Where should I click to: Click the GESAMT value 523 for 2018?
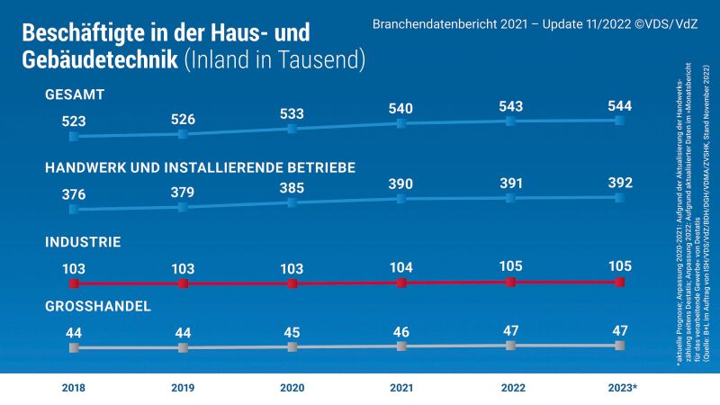(73, 120)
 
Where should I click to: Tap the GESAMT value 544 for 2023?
(620, 105)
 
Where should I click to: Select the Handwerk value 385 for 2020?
(292, 187)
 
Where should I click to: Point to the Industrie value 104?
(401, 267)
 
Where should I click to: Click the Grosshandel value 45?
(292, 332)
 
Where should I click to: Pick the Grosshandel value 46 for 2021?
(401, 330)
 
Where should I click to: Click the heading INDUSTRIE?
(83, 242)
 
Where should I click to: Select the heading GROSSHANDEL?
(97, 307)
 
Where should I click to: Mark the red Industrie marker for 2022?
(511, 282)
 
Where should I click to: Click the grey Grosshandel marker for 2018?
(73, 347)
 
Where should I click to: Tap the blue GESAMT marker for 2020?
(292, 129)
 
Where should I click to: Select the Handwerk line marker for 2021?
(401, 198)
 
